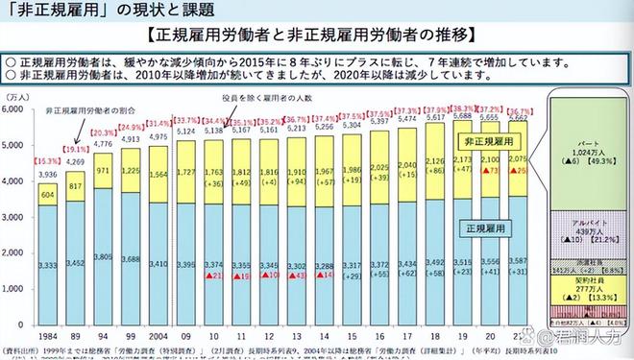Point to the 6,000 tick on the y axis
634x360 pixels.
pyautogui.click(x=16, y=110)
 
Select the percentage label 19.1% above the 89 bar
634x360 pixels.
pyautogui.click(x=77, y=150)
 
